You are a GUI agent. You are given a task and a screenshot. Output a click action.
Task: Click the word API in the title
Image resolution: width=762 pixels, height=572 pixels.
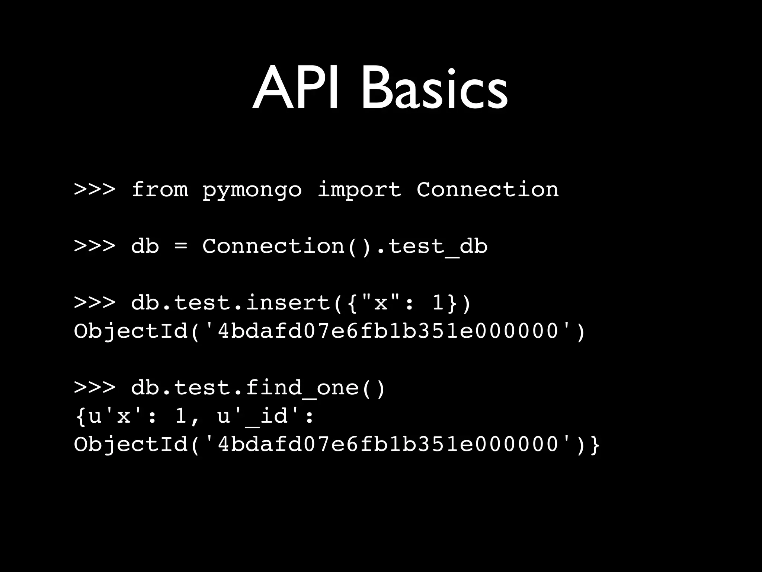point(296,89)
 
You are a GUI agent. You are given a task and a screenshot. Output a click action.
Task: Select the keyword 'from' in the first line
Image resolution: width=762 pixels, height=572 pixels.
point(160,190)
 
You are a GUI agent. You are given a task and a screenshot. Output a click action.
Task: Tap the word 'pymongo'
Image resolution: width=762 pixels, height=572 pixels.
point(252,191)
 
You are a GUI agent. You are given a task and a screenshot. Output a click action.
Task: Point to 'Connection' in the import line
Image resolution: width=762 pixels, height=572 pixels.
point(487,190)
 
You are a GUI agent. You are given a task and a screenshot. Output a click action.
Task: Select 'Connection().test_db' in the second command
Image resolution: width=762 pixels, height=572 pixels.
point(345,247)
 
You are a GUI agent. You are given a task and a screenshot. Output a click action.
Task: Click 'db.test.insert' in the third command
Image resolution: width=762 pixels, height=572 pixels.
point(231,303)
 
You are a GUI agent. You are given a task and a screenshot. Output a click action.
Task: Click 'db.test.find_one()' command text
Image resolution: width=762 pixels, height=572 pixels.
point(258,388)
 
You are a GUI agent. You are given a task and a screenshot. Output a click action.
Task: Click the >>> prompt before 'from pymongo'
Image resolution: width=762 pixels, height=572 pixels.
point(95,190)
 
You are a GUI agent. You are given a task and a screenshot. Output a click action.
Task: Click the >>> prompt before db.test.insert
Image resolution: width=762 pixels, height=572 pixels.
point(95,303)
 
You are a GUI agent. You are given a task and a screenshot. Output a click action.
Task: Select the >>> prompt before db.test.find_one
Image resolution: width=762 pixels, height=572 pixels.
point(95,388)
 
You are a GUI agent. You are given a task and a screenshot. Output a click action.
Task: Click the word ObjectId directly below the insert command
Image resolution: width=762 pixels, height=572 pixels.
point(131,331)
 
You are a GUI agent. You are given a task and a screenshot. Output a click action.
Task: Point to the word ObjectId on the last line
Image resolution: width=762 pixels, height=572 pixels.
point(131,445)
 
